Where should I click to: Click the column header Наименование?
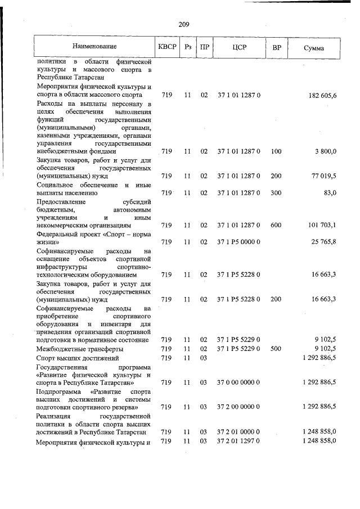94,47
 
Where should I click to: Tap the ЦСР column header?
238,47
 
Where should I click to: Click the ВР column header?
276,47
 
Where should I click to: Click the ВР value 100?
276,151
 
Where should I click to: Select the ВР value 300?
276,193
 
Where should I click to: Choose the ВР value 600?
276,225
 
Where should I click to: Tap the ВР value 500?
276,349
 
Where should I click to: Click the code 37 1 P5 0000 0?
238,242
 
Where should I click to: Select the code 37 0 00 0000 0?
238,382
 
